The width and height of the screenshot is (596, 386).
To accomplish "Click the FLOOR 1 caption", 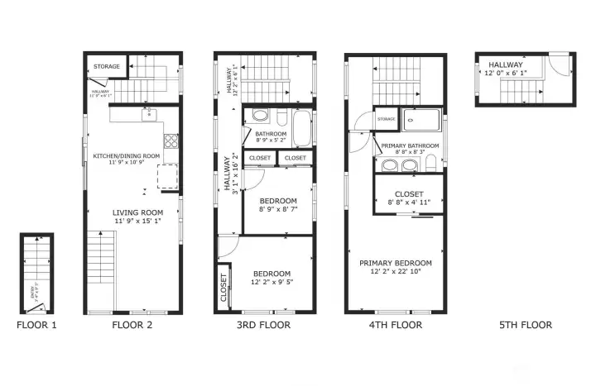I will click(x=36, y=325).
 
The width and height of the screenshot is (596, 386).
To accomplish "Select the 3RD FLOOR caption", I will click(x=264, y=325).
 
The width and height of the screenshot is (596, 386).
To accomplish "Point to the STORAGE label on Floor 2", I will click(x=107, y=66).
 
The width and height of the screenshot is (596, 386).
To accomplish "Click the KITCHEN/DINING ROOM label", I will click(x=126, y=155).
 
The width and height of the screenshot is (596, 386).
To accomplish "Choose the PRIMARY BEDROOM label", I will click(x=395, y=264).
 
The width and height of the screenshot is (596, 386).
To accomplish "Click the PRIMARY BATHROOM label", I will click(x=410, y=145).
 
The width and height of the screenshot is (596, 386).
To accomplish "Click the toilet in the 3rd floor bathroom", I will click(x=260, y=116).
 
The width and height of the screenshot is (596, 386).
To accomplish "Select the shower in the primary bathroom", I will click(x=421, y=121).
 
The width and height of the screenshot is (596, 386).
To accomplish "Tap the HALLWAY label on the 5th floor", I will click(x=505, y=64).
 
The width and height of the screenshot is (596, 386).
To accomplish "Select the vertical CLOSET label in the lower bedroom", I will click(x=223, y=288).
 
